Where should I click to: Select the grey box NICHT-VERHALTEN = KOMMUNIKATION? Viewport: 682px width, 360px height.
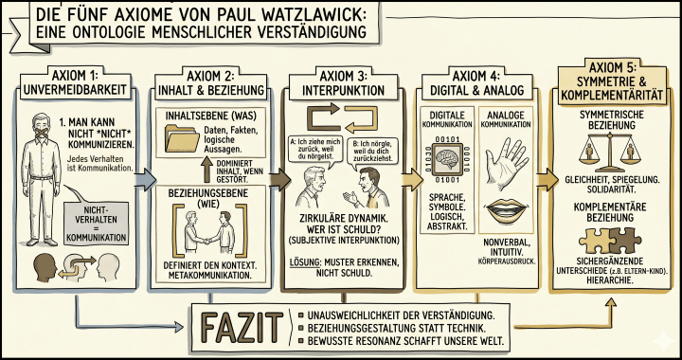pos(99,217)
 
